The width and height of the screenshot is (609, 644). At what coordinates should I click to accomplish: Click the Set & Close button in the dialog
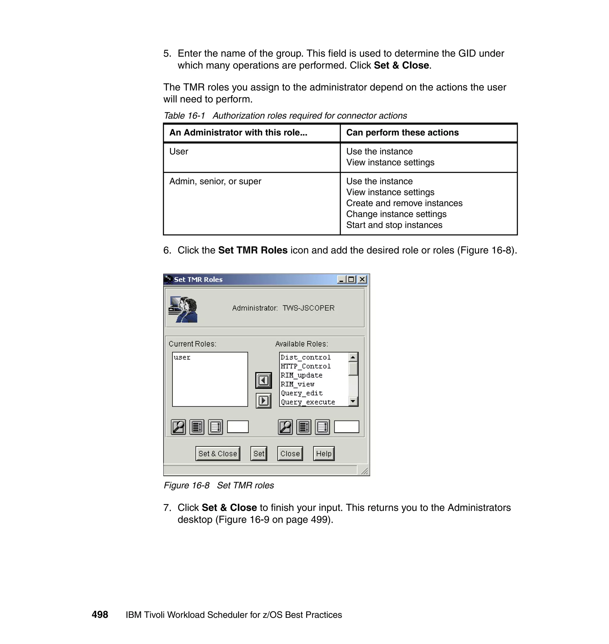point(217,453)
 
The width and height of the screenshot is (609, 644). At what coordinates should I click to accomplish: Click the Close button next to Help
point(290,453)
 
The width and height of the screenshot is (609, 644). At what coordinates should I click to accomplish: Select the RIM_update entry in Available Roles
point(301,375)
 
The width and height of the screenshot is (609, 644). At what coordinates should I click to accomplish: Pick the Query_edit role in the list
point(302,393)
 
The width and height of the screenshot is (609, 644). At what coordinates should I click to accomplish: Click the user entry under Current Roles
point(182,357)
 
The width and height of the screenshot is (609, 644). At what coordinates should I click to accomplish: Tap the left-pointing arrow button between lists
point(263,380)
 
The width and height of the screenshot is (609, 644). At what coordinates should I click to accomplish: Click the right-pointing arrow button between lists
point(263,400)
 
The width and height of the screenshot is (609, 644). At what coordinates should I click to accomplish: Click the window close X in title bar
point(362,279)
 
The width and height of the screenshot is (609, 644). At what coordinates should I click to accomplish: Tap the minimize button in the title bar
point(341,279)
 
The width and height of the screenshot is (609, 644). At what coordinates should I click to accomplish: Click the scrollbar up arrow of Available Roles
point(353,357)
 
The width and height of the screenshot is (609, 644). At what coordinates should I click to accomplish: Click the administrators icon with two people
point(183,309)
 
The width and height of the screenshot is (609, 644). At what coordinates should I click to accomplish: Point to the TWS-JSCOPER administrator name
point(308,308)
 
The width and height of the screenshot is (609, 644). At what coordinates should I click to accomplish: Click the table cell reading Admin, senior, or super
point(215,181)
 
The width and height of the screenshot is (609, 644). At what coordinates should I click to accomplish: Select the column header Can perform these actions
point(402,132)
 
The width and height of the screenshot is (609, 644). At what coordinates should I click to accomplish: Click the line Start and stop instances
point(394,225)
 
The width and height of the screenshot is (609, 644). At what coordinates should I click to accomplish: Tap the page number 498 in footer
point(100,615)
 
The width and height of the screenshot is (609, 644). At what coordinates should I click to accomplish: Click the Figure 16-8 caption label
point(186,485)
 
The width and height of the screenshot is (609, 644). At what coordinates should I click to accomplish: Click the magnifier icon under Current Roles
point(178,427)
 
